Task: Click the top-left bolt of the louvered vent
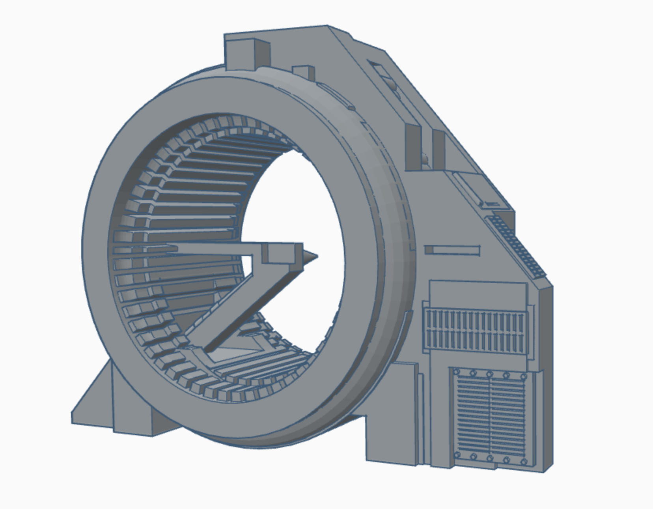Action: [x=457, y=372]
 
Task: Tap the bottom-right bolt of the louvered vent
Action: [x=524, y=461]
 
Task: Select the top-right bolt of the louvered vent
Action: [x=524, y=375]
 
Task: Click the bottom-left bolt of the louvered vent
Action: [x=457, y=456]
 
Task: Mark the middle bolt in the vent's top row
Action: [x=490, y=374]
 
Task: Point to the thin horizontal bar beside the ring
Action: [x=453, y=250]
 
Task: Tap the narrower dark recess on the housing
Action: [x=438, y=149]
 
